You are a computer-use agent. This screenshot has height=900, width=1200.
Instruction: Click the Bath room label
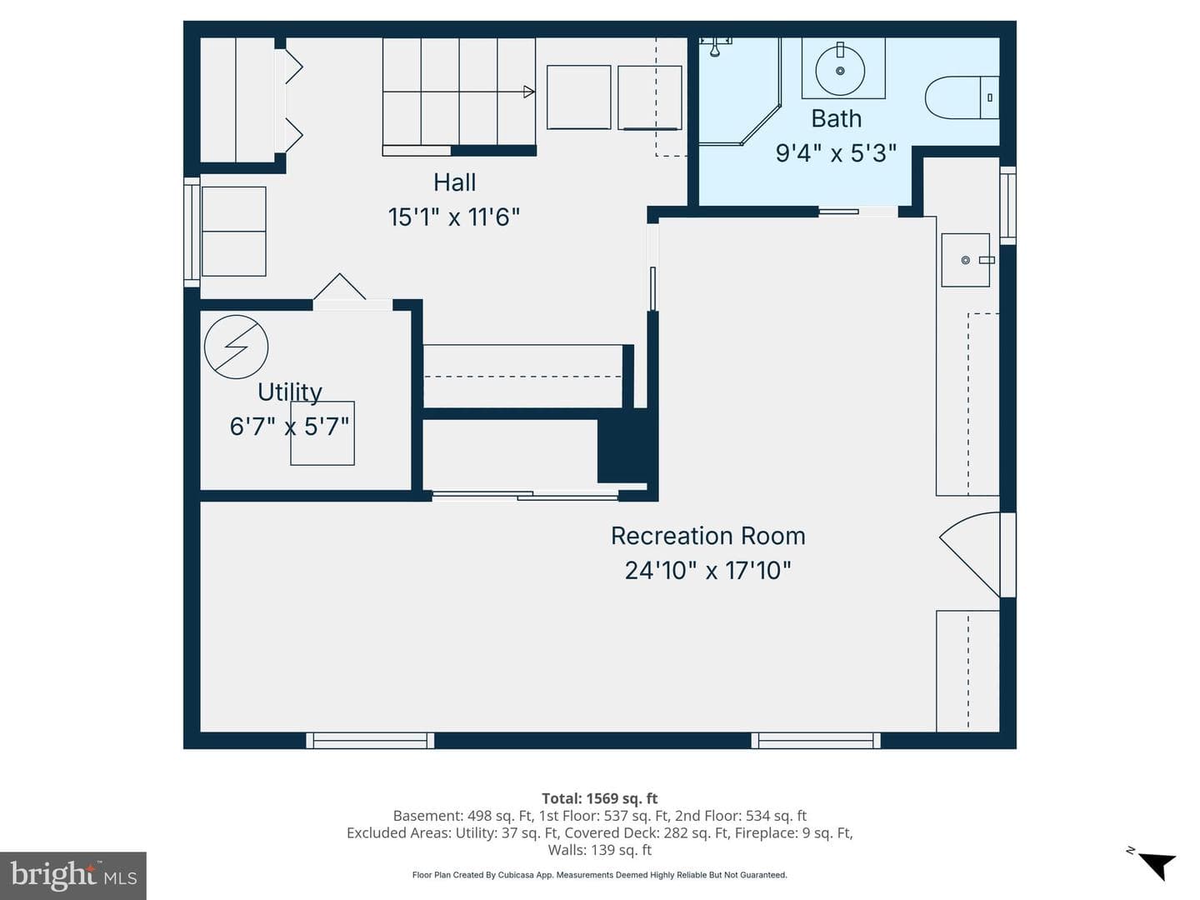[836, 118]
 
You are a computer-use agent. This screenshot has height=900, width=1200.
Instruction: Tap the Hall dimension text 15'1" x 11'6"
[454, 217]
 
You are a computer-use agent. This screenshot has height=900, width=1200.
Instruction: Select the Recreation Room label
[708, 536]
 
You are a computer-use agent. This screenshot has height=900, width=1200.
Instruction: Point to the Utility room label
[290, 392]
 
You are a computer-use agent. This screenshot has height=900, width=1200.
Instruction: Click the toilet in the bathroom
[962, 97]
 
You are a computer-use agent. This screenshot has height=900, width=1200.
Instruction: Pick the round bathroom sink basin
[840, 71]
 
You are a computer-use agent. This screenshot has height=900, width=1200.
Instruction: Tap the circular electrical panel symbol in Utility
[236, 347]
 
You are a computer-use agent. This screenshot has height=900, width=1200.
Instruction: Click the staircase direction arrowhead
[528, 92]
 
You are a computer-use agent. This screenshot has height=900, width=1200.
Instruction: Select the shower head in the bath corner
[715, 47]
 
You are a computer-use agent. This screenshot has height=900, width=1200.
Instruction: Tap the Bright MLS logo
[73, 875]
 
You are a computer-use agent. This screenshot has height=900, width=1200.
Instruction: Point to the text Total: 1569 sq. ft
[600, 798]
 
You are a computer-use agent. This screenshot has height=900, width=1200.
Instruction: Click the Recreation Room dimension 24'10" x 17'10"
[708, 571]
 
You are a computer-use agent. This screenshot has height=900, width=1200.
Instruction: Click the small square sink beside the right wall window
[966, 260]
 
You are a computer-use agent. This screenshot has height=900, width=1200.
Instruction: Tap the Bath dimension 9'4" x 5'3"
[836, 153]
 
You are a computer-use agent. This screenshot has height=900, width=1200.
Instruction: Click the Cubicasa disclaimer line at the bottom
[600, 875]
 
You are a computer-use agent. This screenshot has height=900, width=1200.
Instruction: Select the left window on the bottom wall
[370, 741]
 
